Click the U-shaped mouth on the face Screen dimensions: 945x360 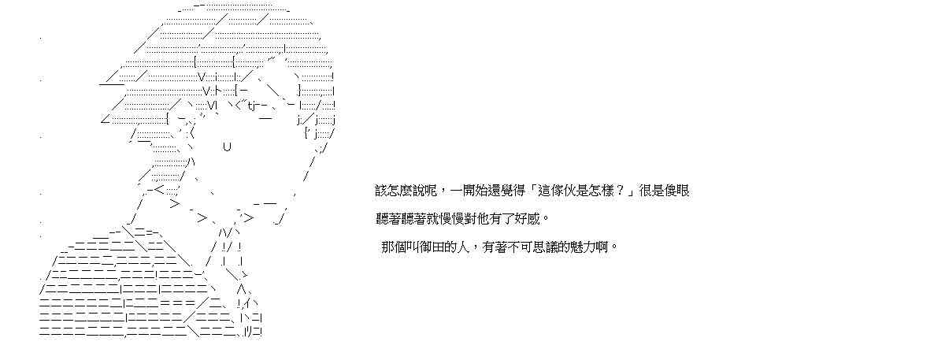coord(227,147)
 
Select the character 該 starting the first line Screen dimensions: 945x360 coord(381,191)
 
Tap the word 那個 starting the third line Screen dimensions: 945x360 coord(394,247)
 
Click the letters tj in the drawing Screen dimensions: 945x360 coord(252,106)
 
